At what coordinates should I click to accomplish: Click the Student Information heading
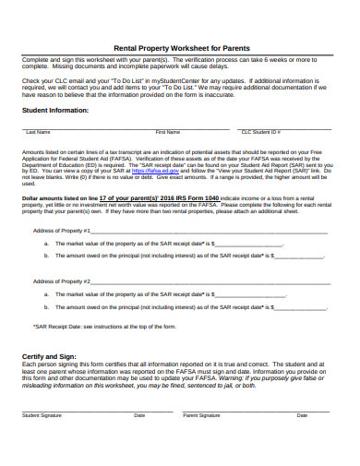coord(55,110)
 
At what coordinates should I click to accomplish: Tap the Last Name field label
coord(38,132)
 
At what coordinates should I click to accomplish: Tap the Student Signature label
coord(42,416)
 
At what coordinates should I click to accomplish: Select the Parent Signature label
coord(201,416)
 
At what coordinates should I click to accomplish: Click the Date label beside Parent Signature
coord(302,416)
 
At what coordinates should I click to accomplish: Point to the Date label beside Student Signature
coord(139,416)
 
